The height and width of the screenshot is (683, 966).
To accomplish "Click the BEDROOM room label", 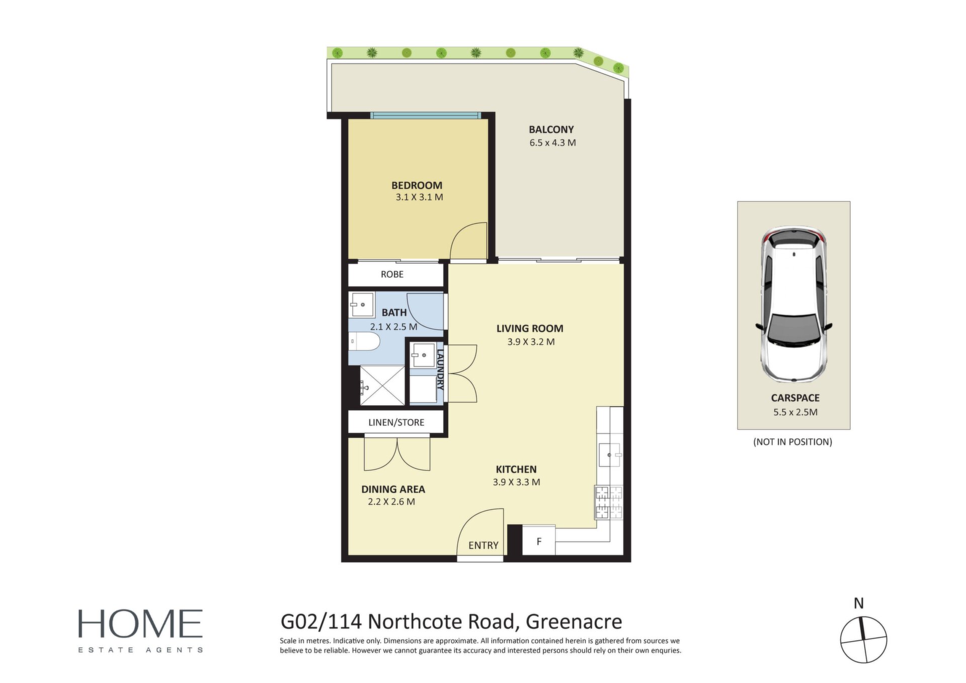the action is pos(417,185).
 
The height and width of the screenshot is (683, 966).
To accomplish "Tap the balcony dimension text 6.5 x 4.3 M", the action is pos(552,143).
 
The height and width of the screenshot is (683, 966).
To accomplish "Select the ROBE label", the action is pos(392,274).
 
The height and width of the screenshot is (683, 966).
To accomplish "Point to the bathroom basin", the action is pos(361,305).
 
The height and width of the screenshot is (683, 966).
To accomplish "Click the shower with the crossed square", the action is pos(382,385).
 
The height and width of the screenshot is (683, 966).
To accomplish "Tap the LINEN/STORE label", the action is pos(396,422).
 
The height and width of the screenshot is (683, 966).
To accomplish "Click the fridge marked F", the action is pos(539,541).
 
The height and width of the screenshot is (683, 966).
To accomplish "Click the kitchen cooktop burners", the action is pos(609,502).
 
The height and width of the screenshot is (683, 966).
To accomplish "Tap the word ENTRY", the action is pos(483,546).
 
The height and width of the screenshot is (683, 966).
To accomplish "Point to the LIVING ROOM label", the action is pos(530,329).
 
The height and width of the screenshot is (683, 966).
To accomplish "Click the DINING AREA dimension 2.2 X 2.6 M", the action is pos(391,502).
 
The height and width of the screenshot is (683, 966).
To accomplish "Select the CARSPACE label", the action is pos(795,398).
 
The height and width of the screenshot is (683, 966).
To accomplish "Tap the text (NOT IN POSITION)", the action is pos(792,442).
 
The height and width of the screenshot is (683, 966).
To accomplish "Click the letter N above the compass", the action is pos(859,603).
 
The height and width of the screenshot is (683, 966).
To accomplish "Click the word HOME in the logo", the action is pos(140,624).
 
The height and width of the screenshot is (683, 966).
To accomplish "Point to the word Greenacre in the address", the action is pos(574,622).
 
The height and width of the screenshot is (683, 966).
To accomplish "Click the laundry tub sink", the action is pos(423,355).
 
